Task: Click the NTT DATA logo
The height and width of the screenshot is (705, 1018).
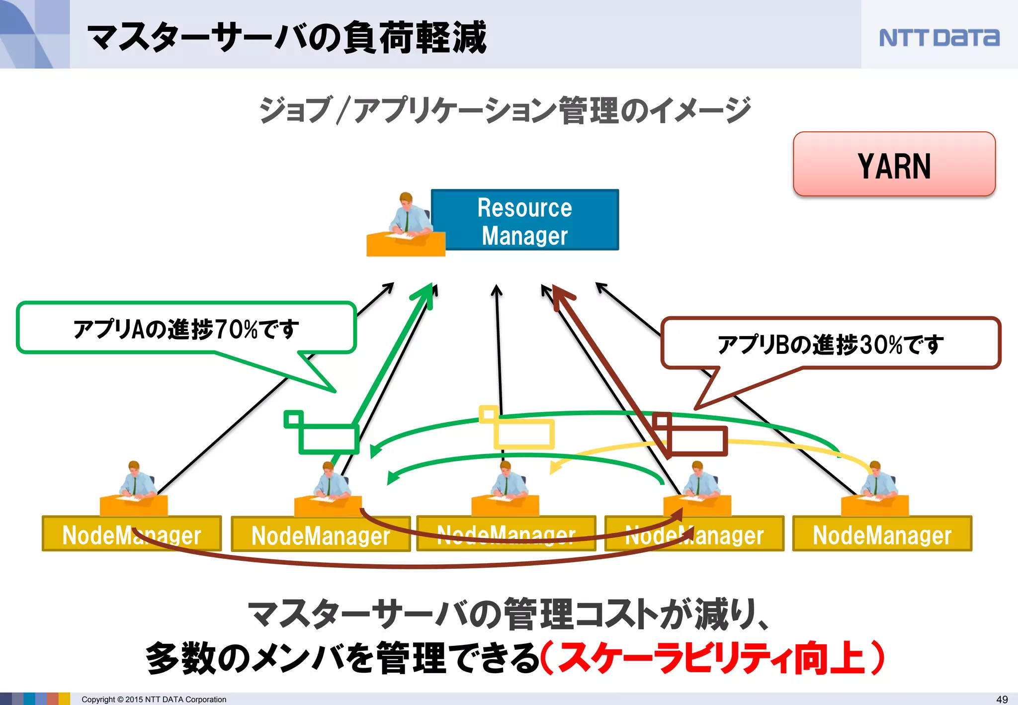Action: click(x=938, y=38)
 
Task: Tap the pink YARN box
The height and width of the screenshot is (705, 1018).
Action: click(x=894, y=165)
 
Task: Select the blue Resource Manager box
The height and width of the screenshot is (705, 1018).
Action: click(x=525, y=220)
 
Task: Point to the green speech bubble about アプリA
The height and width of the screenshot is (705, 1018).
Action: click(x=186, y=329)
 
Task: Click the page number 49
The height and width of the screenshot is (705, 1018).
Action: click(x=1002, y=699)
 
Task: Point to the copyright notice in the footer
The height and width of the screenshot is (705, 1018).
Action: click(x=154, y=699)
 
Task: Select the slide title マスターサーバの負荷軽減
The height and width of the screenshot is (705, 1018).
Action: click(x=287, y=37)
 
